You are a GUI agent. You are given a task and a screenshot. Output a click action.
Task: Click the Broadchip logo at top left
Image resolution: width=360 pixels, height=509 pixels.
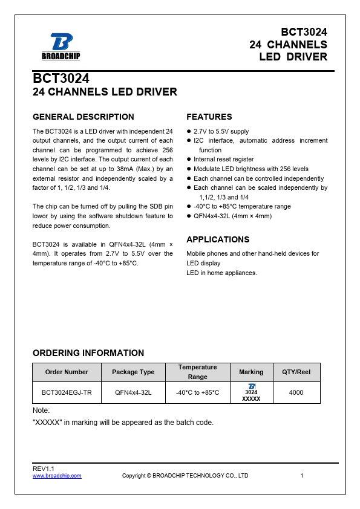click(x=61, y=47)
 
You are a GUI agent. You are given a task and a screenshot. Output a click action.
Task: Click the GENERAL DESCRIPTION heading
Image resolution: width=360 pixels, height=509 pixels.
click(x=83, y=117)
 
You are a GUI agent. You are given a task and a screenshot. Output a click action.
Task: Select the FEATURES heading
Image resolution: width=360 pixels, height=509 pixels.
click(x=209, y=117)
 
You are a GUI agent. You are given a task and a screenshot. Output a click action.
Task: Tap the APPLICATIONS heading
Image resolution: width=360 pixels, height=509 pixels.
click(x=218, y=239)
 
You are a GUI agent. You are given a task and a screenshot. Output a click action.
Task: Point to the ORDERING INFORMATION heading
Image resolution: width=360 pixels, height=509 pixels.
click(x=88, y=353)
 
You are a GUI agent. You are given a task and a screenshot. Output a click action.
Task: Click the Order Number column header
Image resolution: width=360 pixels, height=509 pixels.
click(x=67, y=372)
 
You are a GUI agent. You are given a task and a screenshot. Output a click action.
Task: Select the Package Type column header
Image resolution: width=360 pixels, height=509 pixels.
click(x=133, y=372)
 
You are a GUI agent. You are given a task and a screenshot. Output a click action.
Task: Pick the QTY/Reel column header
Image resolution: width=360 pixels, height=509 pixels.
click(x=296, y=372)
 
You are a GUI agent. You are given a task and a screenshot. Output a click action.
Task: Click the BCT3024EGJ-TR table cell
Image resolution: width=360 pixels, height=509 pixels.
click(x=67, y=393)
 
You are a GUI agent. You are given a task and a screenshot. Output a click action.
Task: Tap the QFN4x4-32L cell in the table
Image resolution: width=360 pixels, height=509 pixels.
click(x=133, y=393)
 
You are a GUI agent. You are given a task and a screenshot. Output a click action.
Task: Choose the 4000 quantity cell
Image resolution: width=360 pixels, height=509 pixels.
click(x=296, y=393)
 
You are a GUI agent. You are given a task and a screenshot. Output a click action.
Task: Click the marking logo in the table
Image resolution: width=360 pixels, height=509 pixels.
click(x=251, y=386)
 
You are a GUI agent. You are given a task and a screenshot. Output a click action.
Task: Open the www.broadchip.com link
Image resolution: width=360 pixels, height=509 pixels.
click(x=57, y=476)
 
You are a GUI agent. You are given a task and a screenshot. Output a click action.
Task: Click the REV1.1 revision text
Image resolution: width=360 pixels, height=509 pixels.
click(x=44, y=469)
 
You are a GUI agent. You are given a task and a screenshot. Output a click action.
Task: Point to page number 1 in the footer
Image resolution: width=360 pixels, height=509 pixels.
click(x=301, y=476)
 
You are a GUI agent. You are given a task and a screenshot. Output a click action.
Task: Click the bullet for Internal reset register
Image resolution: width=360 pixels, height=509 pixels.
click(x=189, y=160)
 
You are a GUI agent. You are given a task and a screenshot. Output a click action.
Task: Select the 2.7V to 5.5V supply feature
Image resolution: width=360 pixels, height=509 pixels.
click(x=221, y=132)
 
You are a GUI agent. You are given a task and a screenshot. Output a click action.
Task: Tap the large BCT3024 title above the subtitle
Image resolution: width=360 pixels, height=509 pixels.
click(x=61, y=79)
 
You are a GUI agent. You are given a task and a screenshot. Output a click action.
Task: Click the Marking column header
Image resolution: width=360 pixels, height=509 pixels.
click(x=251, y=372)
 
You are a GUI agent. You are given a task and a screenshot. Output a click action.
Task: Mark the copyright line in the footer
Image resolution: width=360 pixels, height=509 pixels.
click(x=185, y=476)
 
